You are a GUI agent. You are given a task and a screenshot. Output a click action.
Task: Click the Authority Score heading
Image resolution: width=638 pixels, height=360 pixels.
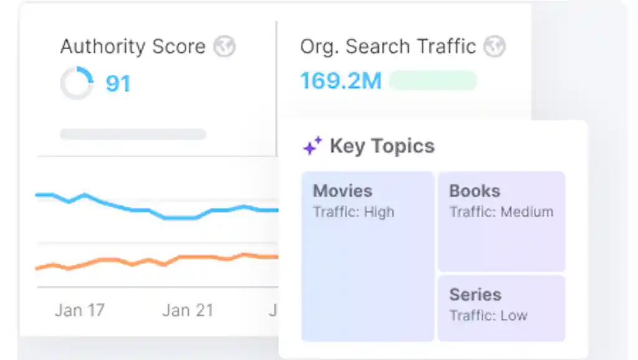(x=133, y=46)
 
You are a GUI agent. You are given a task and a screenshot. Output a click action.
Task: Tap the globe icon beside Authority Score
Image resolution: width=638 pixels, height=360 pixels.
(x=224, y=46)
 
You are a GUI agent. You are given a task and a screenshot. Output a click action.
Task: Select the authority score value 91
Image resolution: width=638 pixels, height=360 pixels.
(x=118, y=83)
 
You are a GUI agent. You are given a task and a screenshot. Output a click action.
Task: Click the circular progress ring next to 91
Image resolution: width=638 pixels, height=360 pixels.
(x=77, y=83)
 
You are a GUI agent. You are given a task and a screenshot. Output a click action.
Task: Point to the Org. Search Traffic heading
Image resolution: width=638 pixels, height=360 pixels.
(x=388, y=47)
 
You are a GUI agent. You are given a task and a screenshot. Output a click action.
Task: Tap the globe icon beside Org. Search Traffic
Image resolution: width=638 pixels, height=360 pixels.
(x=494, y=46)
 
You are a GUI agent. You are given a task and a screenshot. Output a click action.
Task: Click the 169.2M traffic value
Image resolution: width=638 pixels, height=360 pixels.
(x=341, y=80)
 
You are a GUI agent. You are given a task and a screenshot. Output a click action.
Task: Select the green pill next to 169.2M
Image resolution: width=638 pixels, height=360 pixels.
(x=433, y=80)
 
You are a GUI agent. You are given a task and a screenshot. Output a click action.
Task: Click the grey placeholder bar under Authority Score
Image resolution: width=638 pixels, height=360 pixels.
(x=133, y=134)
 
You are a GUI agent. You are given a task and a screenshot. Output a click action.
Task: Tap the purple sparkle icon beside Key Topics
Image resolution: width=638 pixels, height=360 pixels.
(x=313, y=146)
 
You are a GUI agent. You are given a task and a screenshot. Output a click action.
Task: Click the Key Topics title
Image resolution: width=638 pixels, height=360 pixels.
(x=382, y=146)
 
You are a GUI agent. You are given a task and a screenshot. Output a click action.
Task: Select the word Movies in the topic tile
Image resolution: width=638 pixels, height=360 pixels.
(x=343, y=191)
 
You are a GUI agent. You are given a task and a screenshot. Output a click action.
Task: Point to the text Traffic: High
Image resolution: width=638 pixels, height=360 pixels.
(x=354, y=212)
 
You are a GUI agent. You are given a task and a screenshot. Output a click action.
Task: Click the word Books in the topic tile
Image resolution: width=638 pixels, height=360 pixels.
(x=474, y=191)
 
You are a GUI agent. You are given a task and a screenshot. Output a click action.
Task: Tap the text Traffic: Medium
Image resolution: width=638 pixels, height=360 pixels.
(x=502, y=212)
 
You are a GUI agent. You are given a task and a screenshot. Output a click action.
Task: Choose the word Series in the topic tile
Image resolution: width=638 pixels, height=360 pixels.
(x=475, y=295)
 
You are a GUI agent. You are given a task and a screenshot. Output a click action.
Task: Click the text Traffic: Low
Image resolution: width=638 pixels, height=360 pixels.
(x=488, y=316)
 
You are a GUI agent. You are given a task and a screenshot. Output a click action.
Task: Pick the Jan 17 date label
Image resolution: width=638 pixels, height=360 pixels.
(x=80, y=310)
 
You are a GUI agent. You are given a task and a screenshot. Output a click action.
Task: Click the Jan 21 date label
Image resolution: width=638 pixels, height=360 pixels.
(x=188, y=310)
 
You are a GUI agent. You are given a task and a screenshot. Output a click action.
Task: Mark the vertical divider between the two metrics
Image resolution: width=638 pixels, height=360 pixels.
(x=277, y=88)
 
